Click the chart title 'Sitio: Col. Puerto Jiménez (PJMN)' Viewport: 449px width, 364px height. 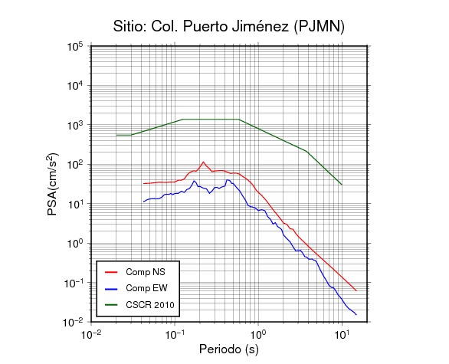point(229,27)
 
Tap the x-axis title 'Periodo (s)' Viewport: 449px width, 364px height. point(229,349)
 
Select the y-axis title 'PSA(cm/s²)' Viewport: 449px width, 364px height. point(53,184)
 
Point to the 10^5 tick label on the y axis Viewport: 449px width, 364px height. point(75,47)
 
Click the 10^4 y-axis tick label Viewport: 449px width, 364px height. point(75,86)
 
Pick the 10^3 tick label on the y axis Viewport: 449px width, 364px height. point(75,125)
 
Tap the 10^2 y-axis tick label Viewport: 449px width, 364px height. point(75,165)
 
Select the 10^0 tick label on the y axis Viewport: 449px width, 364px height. point(75,244)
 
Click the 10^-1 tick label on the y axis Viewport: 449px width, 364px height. point(74,283)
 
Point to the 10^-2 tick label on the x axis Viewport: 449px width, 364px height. point(91,334)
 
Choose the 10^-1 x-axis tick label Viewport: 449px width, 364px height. point(175,334)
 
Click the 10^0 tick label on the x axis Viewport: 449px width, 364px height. point(258,334)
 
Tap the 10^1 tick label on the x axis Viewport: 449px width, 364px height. point(342,334)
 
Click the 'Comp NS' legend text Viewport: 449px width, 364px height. point(146,272)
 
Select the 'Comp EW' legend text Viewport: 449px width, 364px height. point(146,288)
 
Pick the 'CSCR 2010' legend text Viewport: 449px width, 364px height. point(150,305)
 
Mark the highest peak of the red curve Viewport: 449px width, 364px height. point(204,162)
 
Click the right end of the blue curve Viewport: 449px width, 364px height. point(356,315)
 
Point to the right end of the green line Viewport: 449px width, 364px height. point(342,185)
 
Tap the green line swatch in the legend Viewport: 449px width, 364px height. point(111,305)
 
